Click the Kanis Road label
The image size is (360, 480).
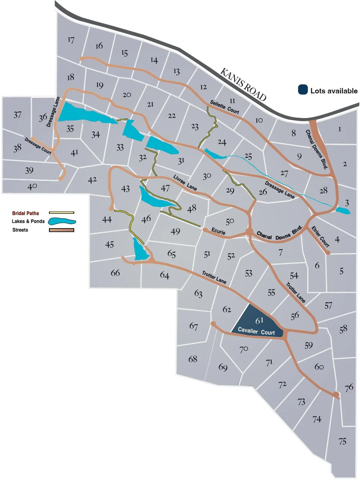[243, 85]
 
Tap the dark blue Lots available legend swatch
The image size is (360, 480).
[303, 90]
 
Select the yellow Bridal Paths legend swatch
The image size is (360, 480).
[62, 213]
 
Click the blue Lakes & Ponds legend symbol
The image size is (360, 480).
[62, 221]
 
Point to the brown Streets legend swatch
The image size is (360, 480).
[62, 230]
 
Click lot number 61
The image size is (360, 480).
[259, 320]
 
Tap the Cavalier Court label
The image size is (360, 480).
[256, 331]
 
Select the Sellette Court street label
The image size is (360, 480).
[225, 107]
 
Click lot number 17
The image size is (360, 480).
[71, 40]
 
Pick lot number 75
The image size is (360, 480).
[342, 441]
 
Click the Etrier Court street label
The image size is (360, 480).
[320, 237]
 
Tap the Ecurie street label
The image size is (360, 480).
[218, 231]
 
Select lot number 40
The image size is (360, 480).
[32, 187]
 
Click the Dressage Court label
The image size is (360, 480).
[38, 145]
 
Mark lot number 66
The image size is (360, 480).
[115, 273]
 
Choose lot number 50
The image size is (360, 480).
[230, 221]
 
